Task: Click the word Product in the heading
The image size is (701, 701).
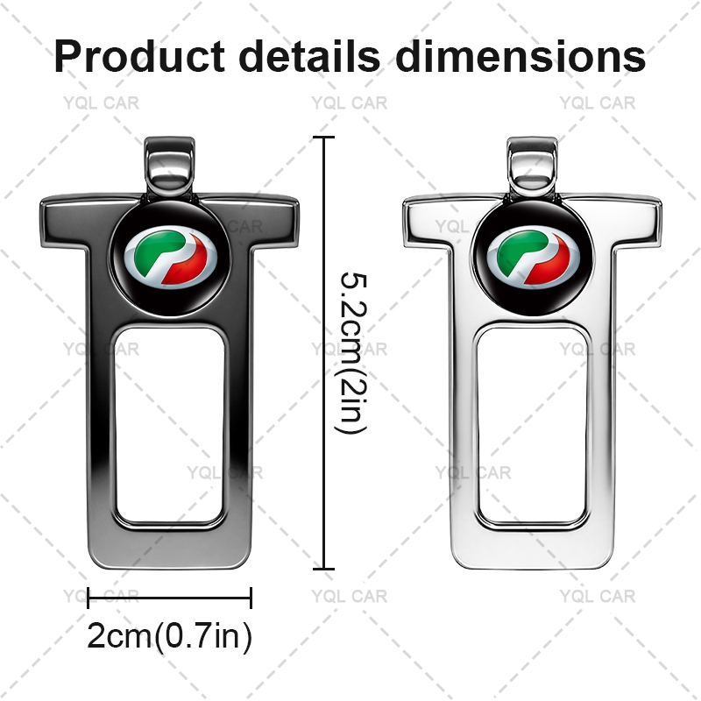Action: pos(139,56)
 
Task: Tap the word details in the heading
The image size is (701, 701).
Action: pos(309,56)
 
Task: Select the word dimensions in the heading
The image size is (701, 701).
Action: pos(520,56)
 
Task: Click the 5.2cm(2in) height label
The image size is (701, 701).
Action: pos(353,352)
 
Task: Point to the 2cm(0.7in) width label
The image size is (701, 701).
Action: pos(169,636)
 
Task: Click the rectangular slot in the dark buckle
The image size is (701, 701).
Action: pos(170,425)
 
